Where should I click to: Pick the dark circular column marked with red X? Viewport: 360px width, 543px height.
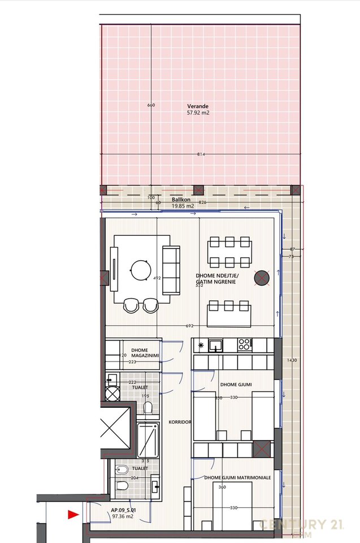coord(262,277)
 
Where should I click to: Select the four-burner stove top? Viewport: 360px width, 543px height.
coord(246,344)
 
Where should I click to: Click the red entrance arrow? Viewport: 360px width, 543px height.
coord(72,514)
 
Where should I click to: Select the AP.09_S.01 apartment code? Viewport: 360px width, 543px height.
coord(124,510)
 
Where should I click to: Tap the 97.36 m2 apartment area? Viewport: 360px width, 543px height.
coord(122,516)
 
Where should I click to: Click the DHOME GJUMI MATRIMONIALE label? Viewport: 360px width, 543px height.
coord(237,478)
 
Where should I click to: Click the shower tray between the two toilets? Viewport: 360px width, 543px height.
coord(149,440)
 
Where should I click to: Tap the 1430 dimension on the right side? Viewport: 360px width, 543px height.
coord(291,360)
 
